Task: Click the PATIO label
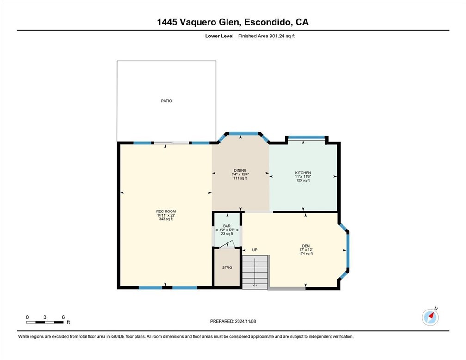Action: tap(166, 101)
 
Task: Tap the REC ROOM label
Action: tap(166, 211)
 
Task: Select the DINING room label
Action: tap(240, 170)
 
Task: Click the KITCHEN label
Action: tap(303, 173)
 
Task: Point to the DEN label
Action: tap(306, 246)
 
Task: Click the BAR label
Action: tap(227, 226)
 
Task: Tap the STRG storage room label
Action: tap(227, 267)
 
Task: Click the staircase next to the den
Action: tap(255, 272)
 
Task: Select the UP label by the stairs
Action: tap(254, 250)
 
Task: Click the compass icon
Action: tap(430, 317)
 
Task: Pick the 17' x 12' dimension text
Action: tap(306, 250)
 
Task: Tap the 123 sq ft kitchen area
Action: tap(303, 180)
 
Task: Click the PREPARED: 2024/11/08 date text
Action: tap(233, 321)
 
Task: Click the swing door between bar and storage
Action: tap(234, 246)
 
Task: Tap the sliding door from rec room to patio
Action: tap(172, 143)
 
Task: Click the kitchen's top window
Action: tap(307, 137)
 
